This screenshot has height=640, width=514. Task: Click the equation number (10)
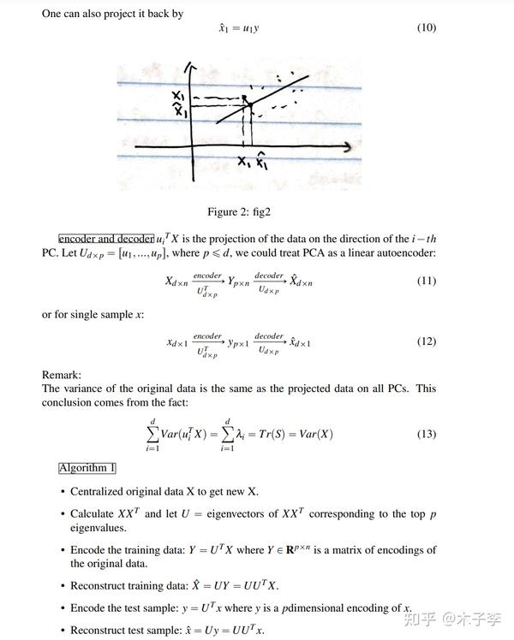[x=426, y=28]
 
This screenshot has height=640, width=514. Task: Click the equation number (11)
[x=426, y=281]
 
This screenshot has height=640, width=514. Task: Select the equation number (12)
[x=426, y=341]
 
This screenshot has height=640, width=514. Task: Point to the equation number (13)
[x=426, y=434]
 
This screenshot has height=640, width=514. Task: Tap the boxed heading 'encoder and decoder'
[x=105, y=238]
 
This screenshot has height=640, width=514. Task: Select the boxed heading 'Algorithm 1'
[x=87, y=468]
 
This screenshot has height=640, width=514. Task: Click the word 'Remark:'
[x=62, y=375]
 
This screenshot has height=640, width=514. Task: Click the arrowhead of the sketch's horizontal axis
[x=346, y=148]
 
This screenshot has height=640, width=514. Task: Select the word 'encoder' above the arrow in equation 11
[x=207, y=275]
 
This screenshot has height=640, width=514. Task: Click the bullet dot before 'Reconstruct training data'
[x=63, y=586]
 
